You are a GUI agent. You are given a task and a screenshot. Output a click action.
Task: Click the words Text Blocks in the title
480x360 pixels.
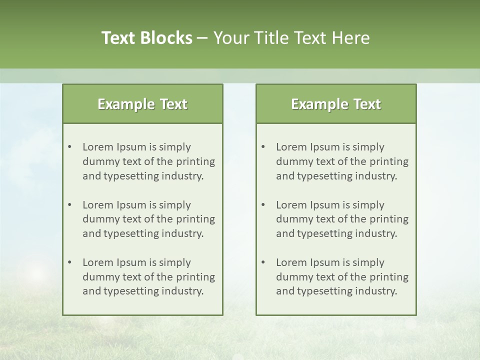click(x=146, y=38)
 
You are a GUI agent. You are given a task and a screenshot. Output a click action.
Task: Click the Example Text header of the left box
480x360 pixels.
click(x=142, y=104)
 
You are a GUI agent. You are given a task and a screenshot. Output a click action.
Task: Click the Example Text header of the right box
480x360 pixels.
click(x=336, y=104)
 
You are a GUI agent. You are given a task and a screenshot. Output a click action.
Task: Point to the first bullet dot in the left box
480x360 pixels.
click(x=70, y=147)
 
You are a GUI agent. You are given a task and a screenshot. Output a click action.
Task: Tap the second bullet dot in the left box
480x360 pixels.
click(x=70, y=205)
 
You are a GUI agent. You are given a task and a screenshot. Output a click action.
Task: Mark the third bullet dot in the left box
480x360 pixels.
click(x=70, y=262)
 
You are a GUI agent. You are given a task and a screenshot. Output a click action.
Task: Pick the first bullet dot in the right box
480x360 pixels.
click(x=263, y=147)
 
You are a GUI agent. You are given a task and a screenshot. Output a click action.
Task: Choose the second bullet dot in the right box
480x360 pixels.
click(x=263, y=205)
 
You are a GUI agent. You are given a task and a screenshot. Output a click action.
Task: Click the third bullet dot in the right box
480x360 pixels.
click(x=263, y=262)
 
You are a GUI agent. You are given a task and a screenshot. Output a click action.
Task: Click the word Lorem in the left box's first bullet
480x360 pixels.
click(x=97, y=147)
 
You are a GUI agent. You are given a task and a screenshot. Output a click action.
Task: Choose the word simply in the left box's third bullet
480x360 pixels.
click(x=175, y=263)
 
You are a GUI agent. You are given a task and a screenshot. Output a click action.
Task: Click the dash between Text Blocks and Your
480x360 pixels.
click(x=202, y=38)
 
